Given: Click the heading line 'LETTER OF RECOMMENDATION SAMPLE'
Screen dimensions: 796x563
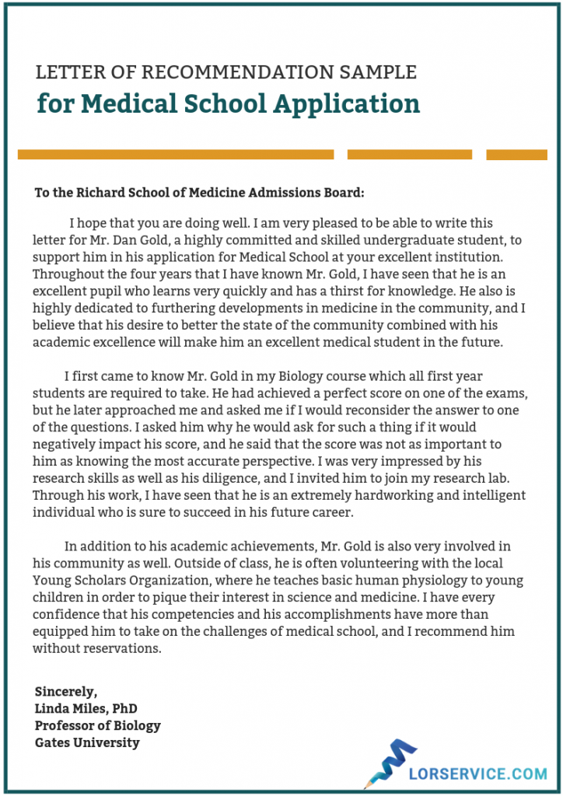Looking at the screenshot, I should point(226,72).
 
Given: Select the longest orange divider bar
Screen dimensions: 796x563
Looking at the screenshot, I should point(176,155).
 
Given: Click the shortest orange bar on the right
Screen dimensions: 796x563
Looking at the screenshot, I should point(516,155).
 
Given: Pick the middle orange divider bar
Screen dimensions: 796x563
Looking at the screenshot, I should point(409,155).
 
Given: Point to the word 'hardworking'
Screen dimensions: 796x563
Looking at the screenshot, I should point(363,495).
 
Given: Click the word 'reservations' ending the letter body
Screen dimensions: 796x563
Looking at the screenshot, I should point(122,648).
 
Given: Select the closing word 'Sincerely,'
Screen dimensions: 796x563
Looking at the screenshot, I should point(67,691).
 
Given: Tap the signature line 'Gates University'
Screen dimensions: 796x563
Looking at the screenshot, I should point(87,742).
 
